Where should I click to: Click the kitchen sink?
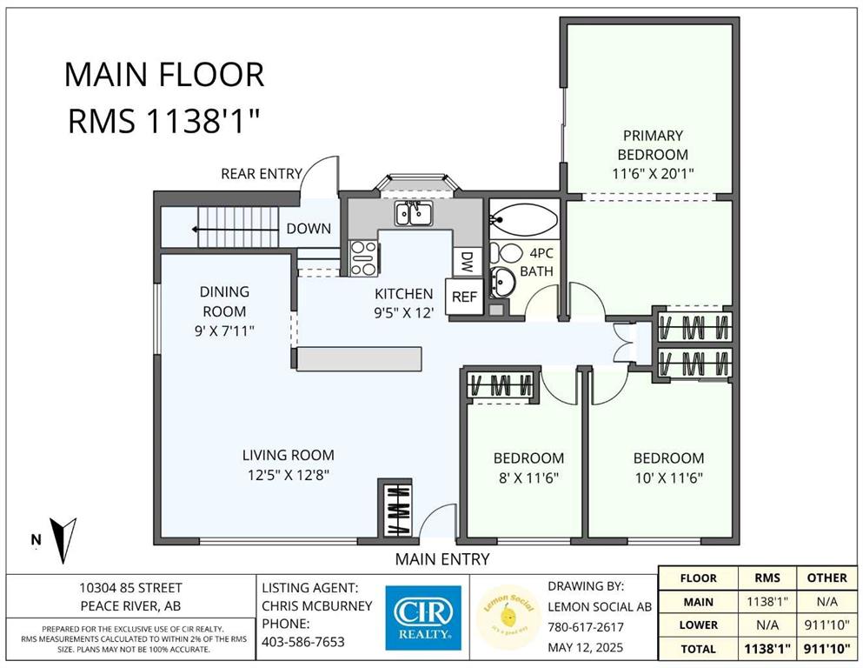click(x=414, y=213)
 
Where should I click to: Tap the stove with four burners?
click(x=364, y=258)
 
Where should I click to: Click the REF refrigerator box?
click(x=464, y=297)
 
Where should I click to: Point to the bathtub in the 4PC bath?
click(x=523, y=220)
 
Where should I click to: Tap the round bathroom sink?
click(x=502, y=282)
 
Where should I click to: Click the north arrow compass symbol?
click(x=63, y=539)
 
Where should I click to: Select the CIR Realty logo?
click(x=423, y=618)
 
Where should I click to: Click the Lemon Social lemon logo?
click(x=508, y=618)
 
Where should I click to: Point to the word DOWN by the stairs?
click(x=309, y=229)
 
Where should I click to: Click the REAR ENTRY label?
click(x=262, y=174)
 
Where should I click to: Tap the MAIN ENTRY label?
click(x=442, y=559)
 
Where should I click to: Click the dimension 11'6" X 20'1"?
click(x=653, y=174)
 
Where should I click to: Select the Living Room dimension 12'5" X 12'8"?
click(x=289, y=475)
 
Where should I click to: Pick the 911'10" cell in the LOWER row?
click(x=826, y=625)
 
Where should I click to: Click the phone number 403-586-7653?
click(x=303, y=642)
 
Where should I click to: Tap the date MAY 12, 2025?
click(x=586, y=647)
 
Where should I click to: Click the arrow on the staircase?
click(x=235, y=229)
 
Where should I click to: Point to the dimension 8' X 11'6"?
click(x=529, y=478)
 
